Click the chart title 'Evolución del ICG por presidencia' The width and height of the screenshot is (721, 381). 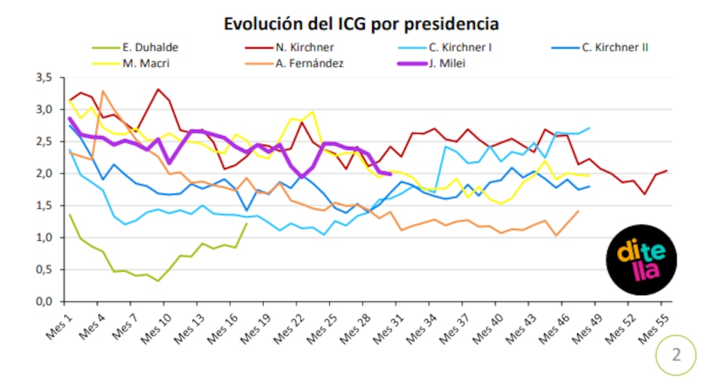[361, 23]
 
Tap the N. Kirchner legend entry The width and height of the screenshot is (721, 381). [289, 47]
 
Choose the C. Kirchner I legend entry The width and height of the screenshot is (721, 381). [445, 47]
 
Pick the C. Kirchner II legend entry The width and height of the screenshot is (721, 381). [600, 47]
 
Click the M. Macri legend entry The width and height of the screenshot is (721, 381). [131, 63]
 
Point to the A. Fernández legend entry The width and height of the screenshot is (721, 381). [294, 63]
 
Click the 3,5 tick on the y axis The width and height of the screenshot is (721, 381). [44, 77]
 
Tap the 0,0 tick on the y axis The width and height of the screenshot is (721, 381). [44, 302]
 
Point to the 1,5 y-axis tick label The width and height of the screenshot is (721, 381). [44, 205]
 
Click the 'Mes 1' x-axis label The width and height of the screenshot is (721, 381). [60, 327]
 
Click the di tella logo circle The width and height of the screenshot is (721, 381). [641, 260]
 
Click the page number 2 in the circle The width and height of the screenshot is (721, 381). [676, 355]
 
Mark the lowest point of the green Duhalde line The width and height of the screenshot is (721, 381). [158, 281]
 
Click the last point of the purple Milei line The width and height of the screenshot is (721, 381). [390, 174]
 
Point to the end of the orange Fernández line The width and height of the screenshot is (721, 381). [578, 211]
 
